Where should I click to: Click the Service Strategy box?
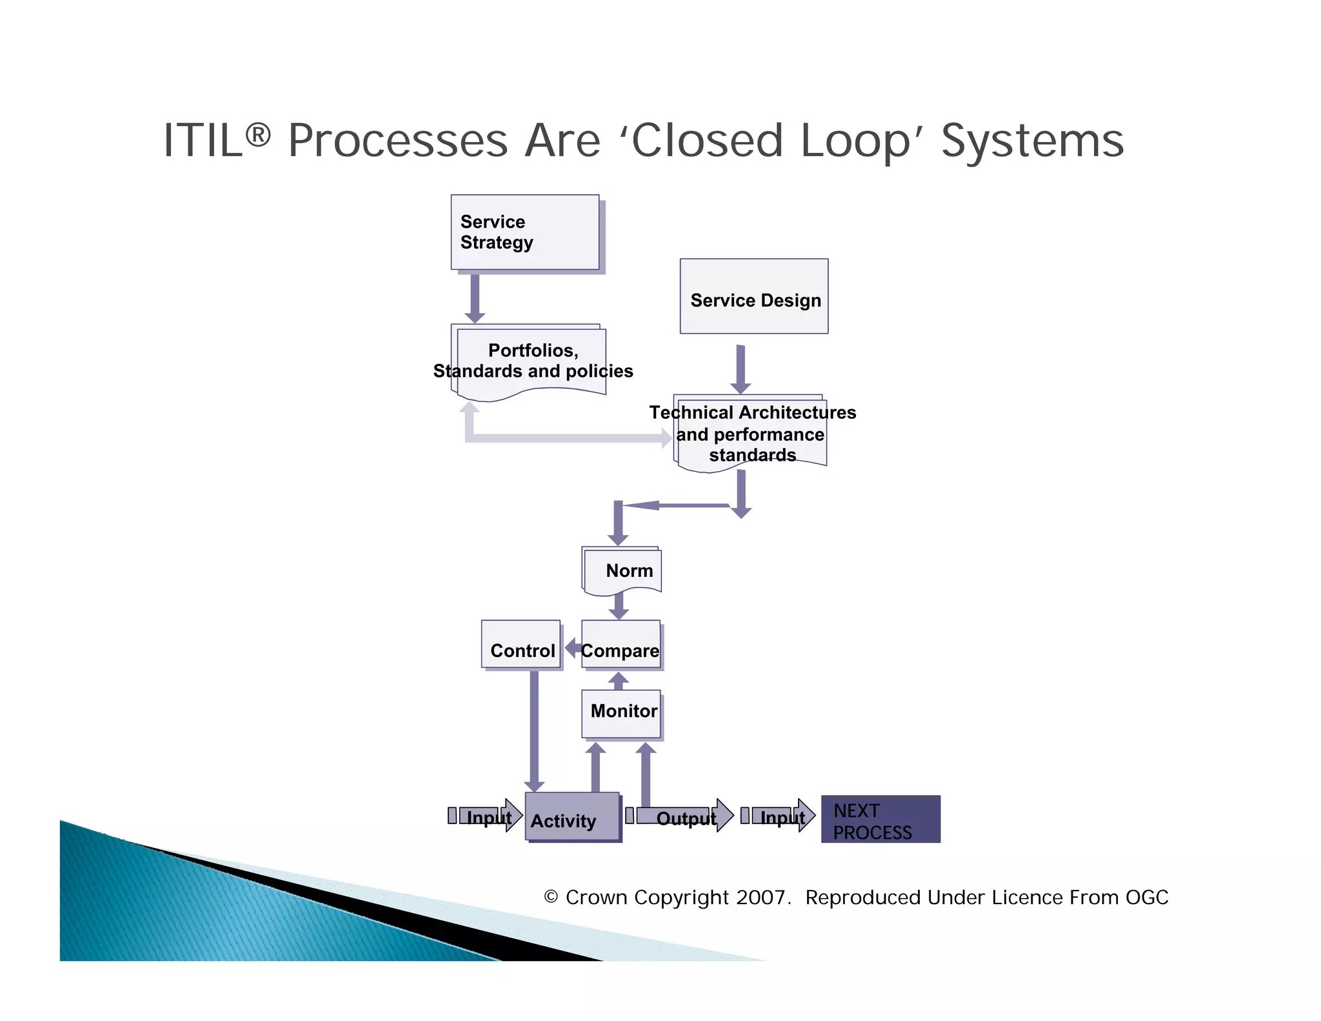[x=524, y=232]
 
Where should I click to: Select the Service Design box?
[x=753, y=297]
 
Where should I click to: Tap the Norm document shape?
[x=622, y=570]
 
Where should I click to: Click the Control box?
[x=521, y=644]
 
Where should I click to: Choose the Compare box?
[x=621, y=644]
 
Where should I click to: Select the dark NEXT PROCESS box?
[x=880, y=819]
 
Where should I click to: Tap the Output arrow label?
[x=686, y=818]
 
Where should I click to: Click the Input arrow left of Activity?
[x=488, y=816]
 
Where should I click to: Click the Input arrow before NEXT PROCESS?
[x=782, y=817]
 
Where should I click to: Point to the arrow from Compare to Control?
[x=572, y=647]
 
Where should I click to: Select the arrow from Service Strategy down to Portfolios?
[x=475, y=298]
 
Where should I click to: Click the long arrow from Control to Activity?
[x=534, y=729]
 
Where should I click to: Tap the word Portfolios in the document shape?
[x=532, y=350]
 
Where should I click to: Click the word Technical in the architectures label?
[x=691, y=412]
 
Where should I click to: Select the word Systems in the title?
[x=1032, y=141]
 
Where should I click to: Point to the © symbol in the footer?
[x=550, y=897]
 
